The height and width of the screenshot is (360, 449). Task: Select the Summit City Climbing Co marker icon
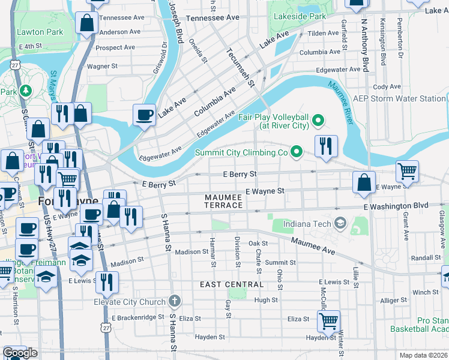coord(296,152)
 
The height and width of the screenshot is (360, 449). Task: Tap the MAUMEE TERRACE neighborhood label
coord(223,201)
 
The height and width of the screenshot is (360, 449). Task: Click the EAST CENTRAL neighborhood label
coord(232,284)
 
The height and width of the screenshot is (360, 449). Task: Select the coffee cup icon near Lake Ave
coord(144,115)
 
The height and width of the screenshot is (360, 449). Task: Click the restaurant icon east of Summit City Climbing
coord(326,148)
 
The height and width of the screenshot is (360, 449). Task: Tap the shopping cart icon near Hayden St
coord(328,322)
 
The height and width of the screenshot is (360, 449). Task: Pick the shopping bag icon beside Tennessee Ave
coord(87,24)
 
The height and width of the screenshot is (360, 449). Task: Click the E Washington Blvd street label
coord(396,206)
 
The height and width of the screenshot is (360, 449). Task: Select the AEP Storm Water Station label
coord(399,98)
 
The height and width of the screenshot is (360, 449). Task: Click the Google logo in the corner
coord(20,353)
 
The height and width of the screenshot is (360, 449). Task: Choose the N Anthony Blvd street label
coord(364,45)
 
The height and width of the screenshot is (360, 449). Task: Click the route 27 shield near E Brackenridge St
coord(106,329)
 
